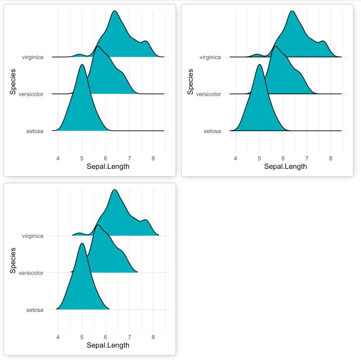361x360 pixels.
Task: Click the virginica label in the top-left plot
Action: (33, 57)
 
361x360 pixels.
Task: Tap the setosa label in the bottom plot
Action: (35, 310)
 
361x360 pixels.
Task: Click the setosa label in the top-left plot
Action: (35, 131)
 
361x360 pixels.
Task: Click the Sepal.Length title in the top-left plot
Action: (108, 166)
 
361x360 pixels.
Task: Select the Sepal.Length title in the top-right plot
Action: (285, 166)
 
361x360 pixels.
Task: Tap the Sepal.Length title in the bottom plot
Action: (108, 345)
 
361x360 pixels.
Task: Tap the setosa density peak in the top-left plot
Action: (82, 65)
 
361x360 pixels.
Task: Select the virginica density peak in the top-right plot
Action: (292, 11)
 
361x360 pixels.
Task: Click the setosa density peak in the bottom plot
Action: (82, 244)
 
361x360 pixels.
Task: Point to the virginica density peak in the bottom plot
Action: (115, 190)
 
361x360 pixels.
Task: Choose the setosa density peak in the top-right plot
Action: (260, 65)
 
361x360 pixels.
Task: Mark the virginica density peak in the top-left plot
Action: (115, 11)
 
